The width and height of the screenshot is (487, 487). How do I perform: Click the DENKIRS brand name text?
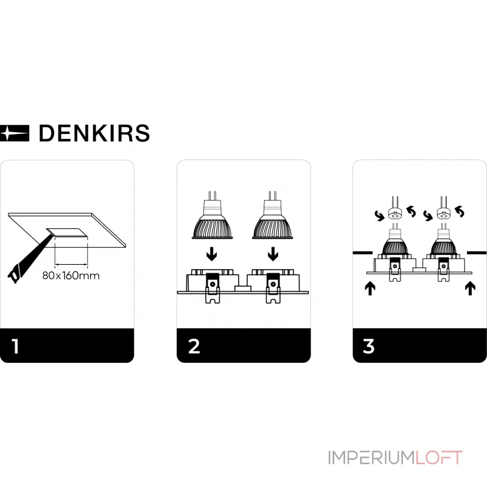point(94,133)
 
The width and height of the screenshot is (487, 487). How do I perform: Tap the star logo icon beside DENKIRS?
point(15,132)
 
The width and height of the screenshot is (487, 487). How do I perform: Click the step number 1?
point(15,346)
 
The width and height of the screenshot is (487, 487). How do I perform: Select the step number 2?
point(194,346)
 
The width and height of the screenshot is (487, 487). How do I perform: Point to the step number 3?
point(368,346)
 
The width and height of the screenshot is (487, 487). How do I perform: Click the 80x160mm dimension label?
point(71,275)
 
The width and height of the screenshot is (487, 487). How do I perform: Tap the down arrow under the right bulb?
point(273,251)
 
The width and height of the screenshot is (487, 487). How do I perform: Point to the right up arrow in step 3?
point(469,287)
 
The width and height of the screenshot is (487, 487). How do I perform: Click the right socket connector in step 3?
point(442,214)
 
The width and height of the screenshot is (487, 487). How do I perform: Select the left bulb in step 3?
point(394,243)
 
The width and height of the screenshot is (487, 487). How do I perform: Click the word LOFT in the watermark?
point(438,457)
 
